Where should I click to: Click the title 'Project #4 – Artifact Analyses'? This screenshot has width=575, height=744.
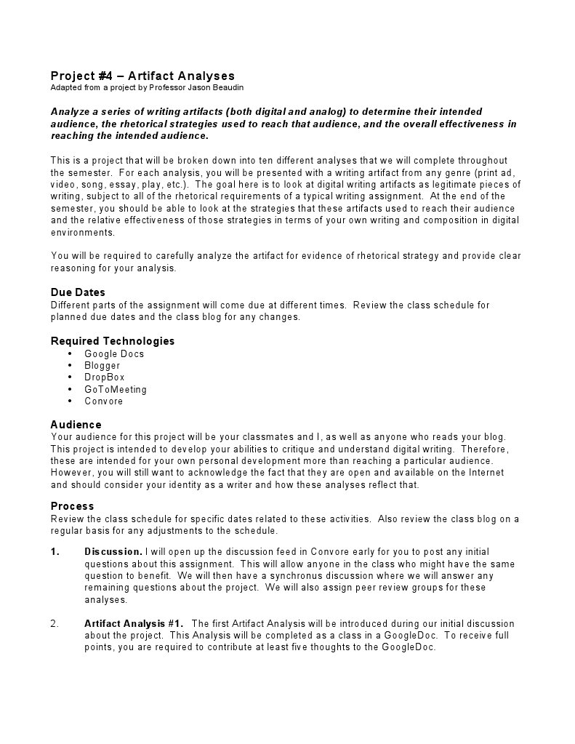[142, 76]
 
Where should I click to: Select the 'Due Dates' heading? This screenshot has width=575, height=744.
[78, 292]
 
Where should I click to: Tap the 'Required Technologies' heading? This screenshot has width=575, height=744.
[113, 341]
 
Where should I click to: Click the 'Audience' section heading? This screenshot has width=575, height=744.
[76, 425]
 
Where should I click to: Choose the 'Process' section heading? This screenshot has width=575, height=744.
[72, 506]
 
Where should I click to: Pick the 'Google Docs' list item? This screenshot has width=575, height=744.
[114, 354]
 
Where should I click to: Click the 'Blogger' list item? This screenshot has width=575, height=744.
[102, 366]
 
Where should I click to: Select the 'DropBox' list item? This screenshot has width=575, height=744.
[104, 377]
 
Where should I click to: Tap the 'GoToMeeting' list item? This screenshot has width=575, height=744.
[115, 389]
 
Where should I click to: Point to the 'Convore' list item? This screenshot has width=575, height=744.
[103, 401]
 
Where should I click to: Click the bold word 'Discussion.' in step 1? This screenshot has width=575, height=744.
[113, 552]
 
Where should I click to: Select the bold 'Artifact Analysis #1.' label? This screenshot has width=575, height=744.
[134, 623]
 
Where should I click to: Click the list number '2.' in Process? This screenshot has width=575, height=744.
[55, 623]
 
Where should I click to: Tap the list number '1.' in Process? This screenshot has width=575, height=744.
[55, 552]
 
